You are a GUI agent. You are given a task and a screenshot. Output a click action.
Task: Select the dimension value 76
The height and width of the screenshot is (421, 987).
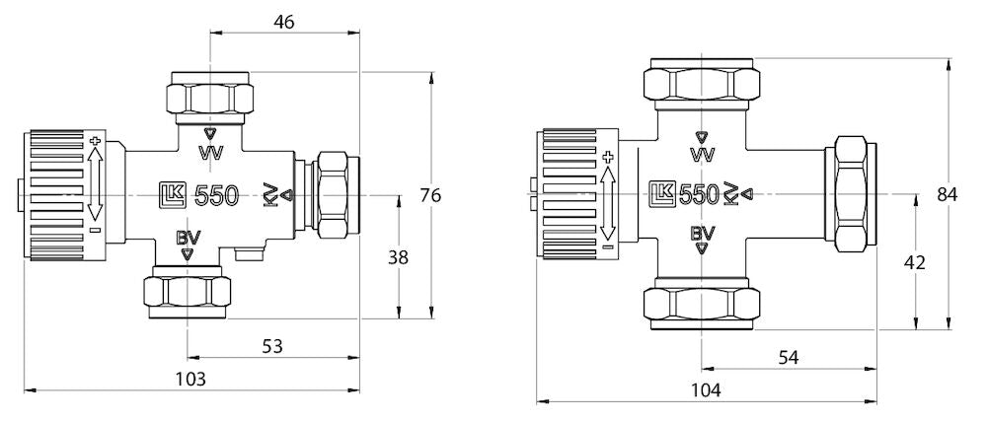(430, 195)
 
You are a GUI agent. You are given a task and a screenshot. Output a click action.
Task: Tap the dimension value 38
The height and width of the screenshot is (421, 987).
(398, 257)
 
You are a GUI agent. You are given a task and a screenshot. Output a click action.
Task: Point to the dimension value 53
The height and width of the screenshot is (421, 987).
(272, 346)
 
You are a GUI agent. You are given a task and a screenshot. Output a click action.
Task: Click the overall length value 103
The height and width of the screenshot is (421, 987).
(190, 378)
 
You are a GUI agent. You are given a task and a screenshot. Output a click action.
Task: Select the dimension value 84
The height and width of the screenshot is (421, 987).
(948, 194)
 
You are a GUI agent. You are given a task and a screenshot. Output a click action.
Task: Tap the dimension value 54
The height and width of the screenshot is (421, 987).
(789, 358)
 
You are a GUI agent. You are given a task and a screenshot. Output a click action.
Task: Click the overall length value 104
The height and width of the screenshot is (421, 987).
(707, 389)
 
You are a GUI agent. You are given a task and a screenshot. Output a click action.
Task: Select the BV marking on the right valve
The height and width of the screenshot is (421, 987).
(702, 234)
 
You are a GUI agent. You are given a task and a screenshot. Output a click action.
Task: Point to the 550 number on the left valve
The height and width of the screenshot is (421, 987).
(216, 195)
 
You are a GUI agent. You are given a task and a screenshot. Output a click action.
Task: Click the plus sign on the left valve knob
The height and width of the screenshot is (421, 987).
(96, 141)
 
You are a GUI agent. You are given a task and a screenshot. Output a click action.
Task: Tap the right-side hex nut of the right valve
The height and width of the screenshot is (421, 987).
(852, 194)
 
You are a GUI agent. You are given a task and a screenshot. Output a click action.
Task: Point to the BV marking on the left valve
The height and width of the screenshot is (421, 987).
(188, 237)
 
